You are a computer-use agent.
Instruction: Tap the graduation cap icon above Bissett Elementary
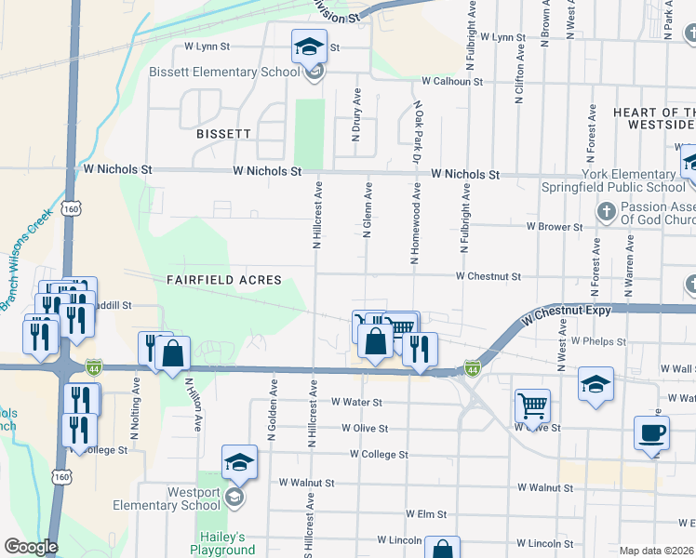click(x=309, y=46)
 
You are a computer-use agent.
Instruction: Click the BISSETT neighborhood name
click(x=223, y=134)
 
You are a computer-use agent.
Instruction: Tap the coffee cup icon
click(x=650, y=432)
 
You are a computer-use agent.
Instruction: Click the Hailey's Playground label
click(x=223, y=543)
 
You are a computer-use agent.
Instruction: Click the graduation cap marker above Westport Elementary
click(x=239, y=462)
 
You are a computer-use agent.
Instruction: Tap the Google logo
click(x=31, y=547)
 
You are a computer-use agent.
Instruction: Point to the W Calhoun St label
click(x=452, y=82)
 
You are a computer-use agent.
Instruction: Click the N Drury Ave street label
click(x=355, y=115)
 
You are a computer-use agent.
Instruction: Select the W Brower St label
click(x=554, y=226)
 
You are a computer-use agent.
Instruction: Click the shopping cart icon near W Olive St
click(x=532, y=405)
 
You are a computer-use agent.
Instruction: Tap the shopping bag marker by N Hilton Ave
click(x=172, y=353)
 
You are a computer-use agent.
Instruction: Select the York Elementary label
click(x=629, y=174)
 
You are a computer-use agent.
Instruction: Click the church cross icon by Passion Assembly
click(x=606, y=212)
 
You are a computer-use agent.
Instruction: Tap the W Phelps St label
click(x=599, y=341)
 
